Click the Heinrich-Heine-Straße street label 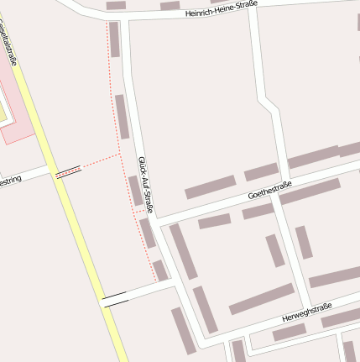tap(222, 9)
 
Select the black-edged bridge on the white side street tap(114, 297)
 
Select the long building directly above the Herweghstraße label tap(261, 299)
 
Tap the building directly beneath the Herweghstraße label tap(290, 332)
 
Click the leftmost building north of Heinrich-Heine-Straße tap(116, 5)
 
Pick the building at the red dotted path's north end tap(114, 39)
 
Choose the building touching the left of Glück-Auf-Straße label tap(134, 190)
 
